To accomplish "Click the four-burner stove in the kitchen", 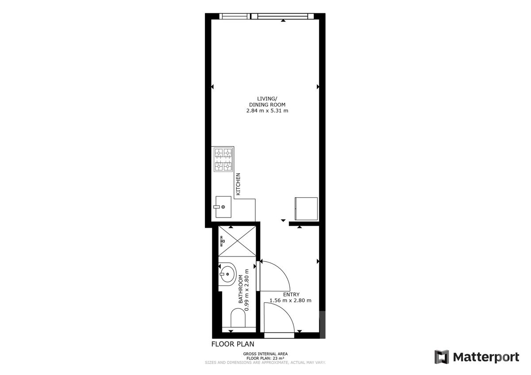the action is click(223, 160).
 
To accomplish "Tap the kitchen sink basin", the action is click(223, 207).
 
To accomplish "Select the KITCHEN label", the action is click(238, 184).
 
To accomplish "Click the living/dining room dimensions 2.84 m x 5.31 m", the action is click(267, 111).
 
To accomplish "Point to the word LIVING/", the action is click(267, 99).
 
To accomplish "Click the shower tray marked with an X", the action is click(237, 241).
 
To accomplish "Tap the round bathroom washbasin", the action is click(227, 274).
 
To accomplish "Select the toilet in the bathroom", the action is click(238, 318).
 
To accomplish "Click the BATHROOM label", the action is click(241, 289).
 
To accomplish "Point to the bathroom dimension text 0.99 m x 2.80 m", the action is click(247, 290).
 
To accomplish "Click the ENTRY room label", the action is click(291, 295).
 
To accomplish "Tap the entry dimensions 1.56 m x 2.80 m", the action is click(290, 300).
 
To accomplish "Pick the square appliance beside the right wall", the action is click(306, 208).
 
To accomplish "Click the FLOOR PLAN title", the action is click(233, 344).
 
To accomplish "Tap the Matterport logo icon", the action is click(442, 357).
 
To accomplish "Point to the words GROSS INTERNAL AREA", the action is click(265, 354).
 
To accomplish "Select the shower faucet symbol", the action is click(222, 241).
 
